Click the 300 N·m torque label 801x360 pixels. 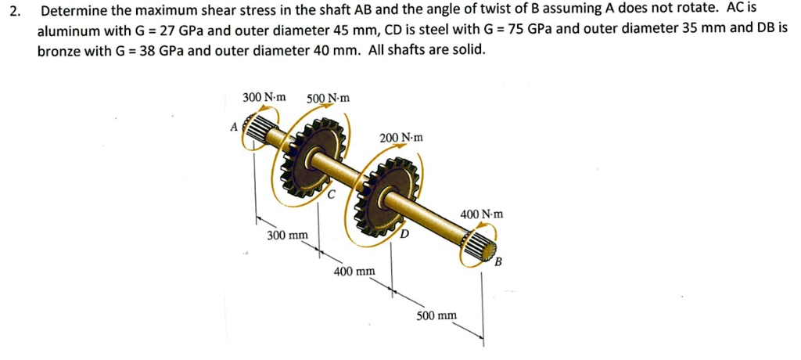264,97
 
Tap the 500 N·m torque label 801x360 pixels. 328,98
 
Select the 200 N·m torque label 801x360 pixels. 401,138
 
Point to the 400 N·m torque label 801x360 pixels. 482,214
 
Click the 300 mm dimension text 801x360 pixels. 287,235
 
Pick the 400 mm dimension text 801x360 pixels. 354,272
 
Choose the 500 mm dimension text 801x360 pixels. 436,316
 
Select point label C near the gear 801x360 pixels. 332,195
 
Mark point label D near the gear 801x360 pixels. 404,234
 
